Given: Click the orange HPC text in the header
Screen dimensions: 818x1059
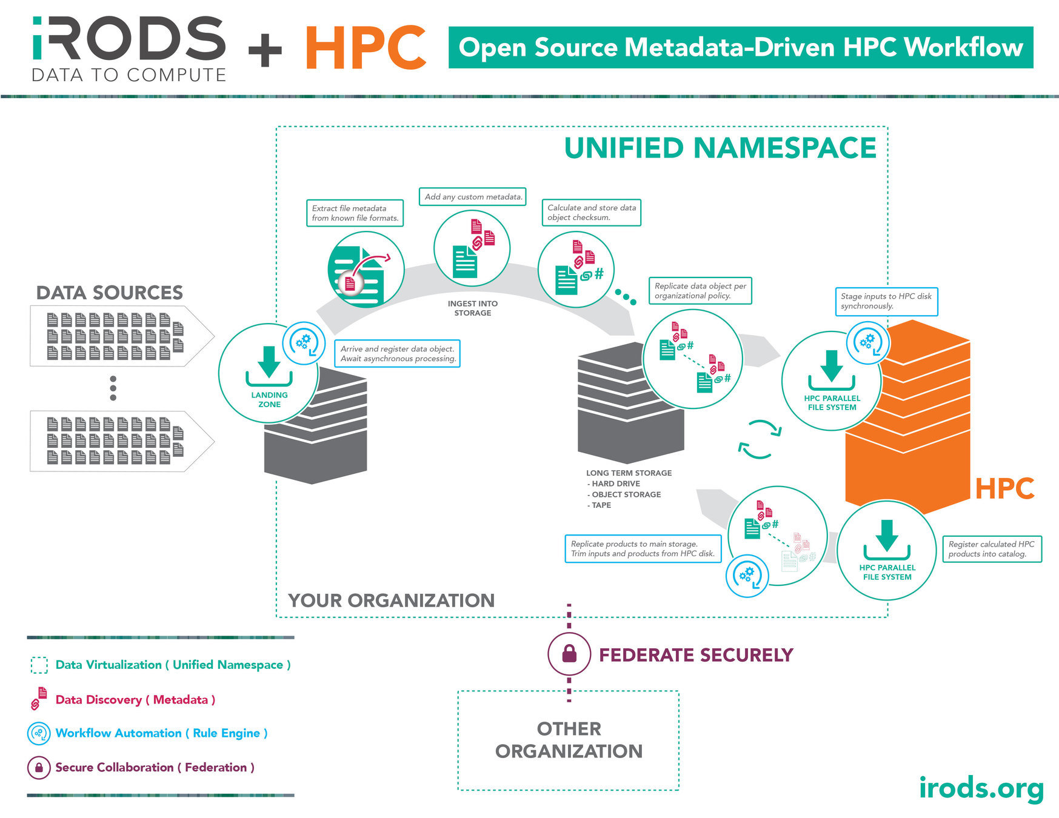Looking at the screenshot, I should pos(366,48).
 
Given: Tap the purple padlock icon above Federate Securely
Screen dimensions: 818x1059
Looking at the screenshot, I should pos(569,654).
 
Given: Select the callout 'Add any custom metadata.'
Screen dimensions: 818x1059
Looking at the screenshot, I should pos(473,197).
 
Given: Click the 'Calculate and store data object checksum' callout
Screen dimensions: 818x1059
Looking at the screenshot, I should pos(591,213).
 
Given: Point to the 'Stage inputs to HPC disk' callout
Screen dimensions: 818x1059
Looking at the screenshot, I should pos(886,301).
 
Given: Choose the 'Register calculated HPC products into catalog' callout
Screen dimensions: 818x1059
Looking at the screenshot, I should pos(991,549).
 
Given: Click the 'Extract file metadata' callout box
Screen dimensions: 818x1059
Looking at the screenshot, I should pos(355,213).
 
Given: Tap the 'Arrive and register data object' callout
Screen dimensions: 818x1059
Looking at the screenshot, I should pos(397,354).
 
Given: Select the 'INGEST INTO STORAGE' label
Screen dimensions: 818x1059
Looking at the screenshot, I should pos(473,308).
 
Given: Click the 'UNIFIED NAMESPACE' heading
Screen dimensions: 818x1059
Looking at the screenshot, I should pos(720,148).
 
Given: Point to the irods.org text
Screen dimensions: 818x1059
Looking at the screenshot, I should pos(981,788).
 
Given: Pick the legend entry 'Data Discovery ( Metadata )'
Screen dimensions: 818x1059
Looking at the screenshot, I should pos(135,700).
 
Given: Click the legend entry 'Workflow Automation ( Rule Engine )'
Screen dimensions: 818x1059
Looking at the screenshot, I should pos(161,733).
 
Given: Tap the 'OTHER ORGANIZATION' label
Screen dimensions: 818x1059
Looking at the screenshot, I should pos(569,740).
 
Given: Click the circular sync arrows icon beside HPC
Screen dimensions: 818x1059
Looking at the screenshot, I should pos(760,439).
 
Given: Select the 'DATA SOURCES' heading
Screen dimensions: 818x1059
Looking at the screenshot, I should pos(110,293).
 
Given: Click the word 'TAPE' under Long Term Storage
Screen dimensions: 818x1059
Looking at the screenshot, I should pos(601,505).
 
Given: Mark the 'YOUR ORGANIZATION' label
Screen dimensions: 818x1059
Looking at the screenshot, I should pos(392,600).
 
